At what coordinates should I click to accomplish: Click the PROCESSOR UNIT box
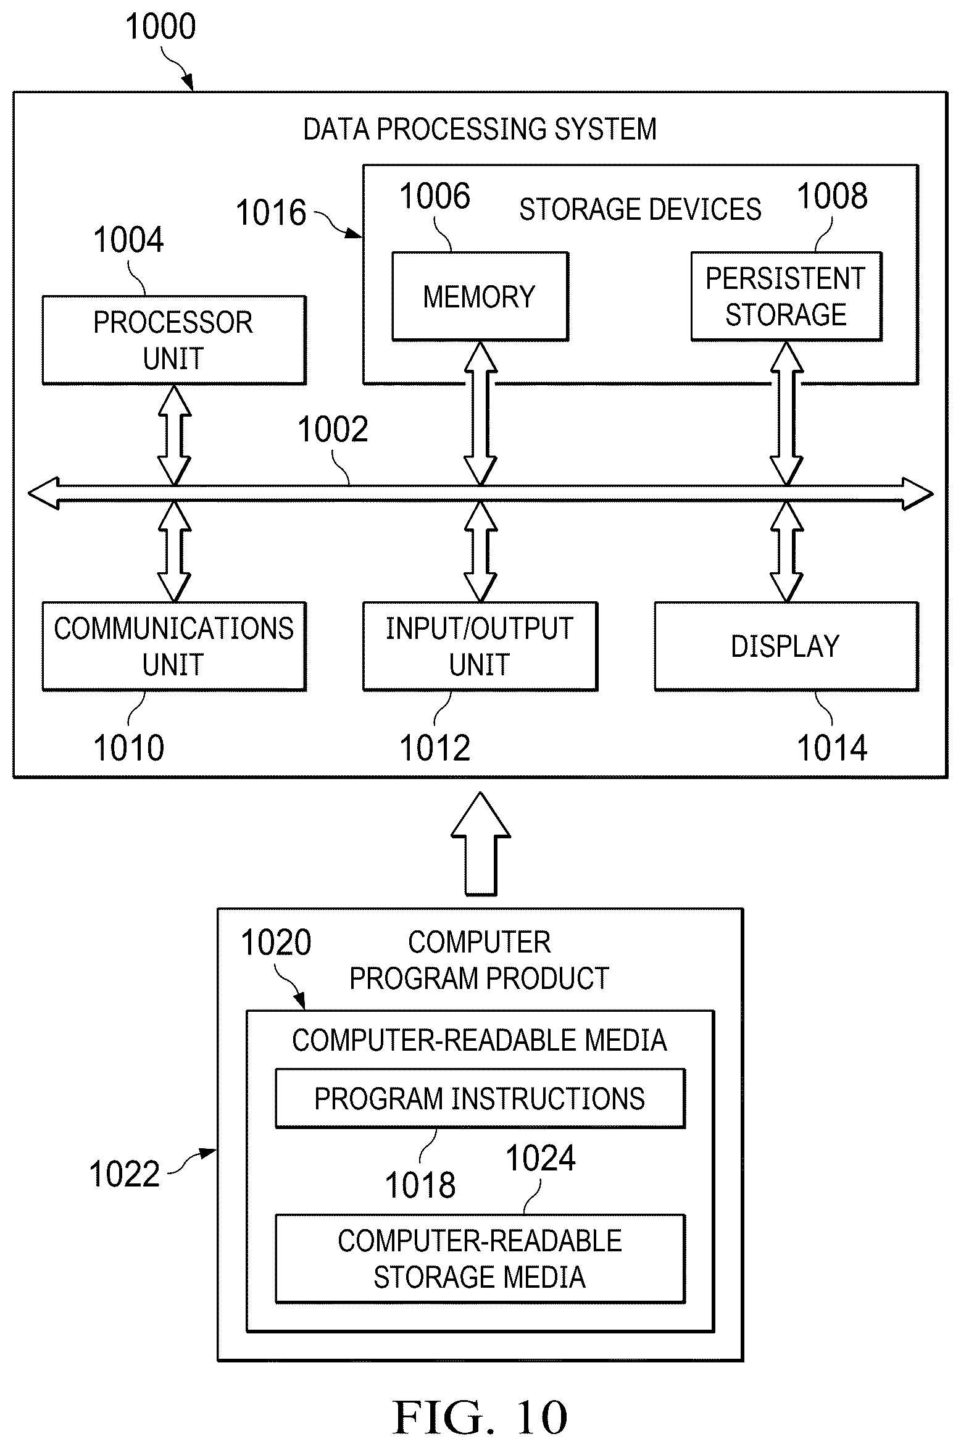[x=174, y=340]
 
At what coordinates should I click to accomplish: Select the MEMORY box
[x=480, y=296]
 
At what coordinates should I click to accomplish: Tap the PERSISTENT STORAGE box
[x=786, y=296]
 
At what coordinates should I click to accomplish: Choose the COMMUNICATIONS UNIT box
[x=174, y=646]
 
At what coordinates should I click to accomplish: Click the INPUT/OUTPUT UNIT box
[x=480, y=646]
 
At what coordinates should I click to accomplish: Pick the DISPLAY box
[x=786, y=646]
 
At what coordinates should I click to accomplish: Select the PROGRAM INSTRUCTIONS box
[x=480, y=1099]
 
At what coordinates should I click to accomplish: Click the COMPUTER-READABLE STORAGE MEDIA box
[x=480, y=1259]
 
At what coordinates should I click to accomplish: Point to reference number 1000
[x=160, y=27]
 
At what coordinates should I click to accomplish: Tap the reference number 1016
[x=271, y=213]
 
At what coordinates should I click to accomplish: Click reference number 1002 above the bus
[x=333, y=430]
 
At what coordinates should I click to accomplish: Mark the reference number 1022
[x=125, y=1174]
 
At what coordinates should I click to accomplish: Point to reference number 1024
[x=541, y=1158]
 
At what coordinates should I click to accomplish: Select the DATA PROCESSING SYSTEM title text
[x=480, y=130]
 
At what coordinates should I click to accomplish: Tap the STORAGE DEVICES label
[x=640, y=210]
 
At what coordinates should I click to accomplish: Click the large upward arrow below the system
[x=481, y=843]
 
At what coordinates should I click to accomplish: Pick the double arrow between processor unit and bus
[x=175, y=435]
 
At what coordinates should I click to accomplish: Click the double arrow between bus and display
[x=787, y=551]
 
